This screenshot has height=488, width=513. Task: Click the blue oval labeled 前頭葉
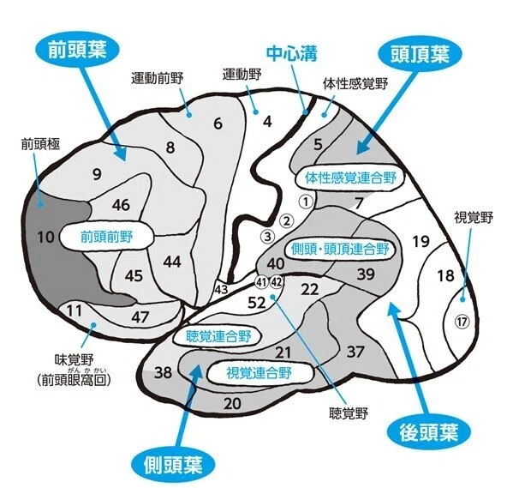coord(77,51)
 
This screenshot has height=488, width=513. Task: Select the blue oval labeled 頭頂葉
coord(420,54)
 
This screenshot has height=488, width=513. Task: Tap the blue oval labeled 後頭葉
coord(428,431)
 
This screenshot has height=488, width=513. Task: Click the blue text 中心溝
coord(291,54)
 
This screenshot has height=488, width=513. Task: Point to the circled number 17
coord(462,322)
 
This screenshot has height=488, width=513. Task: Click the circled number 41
coord(261,282)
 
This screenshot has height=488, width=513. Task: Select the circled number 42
coord(277,282)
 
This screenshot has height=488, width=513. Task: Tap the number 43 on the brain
coord(221,290)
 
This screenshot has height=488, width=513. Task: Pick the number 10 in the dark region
coord(45,237)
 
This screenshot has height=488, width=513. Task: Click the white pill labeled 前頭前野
coord(107,237)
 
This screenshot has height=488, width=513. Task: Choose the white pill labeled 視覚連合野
coord(259,372)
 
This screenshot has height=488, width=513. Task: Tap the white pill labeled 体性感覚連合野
coord(350,178)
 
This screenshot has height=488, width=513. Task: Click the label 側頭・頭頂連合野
coord(340,250)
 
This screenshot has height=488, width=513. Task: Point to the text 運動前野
coord(158,78)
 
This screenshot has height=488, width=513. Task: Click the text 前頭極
coord(40,143)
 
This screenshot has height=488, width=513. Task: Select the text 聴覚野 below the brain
coord(349,413)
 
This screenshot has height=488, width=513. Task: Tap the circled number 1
coord(306,202)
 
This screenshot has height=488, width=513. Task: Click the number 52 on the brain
coord(257,303)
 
